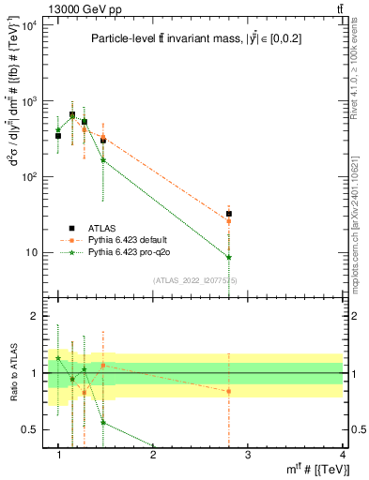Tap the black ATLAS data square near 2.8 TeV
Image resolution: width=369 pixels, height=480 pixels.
[228, 214]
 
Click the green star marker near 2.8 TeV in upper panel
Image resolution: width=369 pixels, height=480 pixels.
[228, 257]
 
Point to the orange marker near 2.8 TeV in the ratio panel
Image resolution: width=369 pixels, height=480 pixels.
[228, 391]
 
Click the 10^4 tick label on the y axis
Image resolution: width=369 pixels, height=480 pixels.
[32, 24]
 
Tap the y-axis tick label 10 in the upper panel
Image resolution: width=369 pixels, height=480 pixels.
[34, 252]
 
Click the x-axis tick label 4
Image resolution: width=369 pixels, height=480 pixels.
[342, 455]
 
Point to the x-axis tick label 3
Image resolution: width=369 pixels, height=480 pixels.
[247, 455]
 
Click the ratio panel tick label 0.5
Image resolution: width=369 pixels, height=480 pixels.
[32, 429]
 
